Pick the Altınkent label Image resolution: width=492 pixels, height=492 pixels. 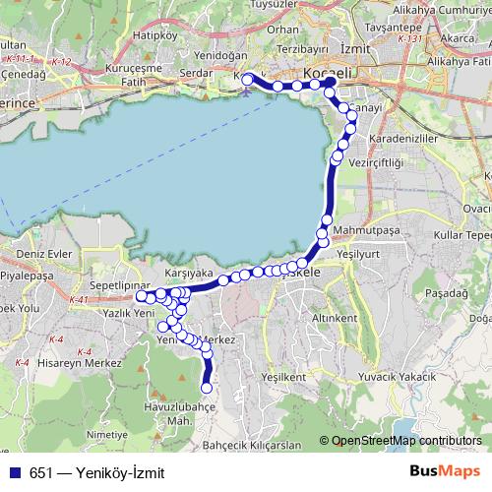point(334,319)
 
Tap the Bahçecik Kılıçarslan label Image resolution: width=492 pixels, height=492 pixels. point(251,445)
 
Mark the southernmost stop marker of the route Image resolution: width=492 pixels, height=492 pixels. point(207,388)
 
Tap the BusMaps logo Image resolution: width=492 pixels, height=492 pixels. point(446,471)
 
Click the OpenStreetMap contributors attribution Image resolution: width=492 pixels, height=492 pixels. point(406,441)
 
